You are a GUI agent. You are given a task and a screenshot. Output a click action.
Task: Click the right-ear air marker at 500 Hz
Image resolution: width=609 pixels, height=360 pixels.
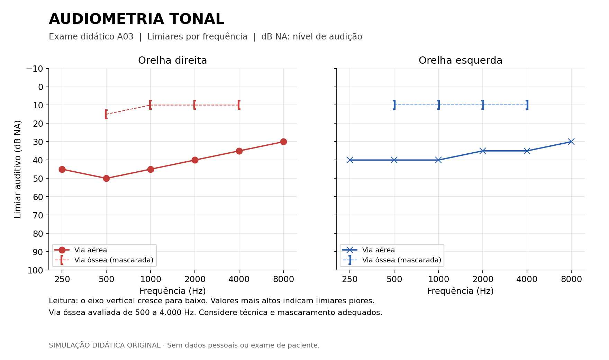[x=106, y=178]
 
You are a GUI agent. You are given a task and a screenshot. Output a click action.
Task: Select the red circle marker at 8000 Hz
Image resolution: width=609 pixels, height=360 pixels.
[x=283, y=142]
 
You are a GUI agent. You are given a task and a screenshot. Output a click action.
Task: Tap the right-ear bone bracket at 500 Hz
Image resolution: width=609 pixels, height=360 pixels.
[x=106, y=114]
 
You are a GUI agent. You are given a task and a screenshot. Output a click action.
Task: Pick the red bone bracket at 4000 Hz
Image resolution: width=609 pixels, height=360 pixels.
[x=239, y=105]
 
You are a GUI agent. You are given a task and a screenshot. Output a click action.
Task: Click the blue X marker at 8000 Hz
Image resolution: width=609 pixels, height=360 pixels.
[x=571, y=142]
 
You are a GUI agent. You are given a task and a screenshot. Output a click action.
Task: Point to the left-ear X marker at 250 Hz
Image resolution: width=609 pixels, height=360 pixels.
[x=350, y=160]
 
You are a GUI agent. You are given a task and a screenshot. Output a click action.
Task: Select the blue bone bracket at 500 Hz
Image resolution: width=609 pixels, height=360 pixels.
[x=394, y=105]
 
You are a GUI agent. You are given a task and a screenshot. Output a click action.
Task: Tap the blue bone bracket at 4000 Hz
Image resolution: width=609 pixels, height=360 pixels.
[x=527, y=105]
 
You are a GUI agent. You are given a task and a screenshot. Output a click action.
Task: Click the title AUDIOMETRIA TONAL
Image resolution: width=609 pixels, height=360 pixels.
[x=137, y=19]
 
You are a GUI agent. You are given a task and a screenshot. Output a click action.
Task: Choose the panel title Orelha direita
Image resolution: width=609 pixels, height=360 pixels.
[x=172, y=61]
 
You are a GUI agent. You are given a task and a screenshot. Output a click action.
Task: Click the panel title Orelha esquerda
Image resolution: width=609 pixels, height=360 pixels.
[x=461, y=61]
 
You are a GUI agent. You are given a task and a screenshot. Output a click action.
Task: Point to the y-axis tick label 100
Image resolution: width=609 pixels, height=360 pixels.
[x=35, y=270]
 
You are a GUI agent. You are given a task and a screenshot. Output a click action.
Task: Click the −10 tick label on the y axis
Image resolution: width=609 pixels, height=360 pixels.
[x=35, y=69]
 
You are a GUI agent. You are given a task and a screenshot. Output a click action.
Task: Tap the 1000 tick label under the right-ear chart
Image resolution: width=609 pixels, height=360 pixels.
[x=151, y=279]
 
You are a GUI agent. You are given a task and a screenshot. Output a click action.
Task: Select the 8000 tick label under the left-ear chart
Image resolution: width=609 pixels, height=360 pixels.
[x=571, y=279]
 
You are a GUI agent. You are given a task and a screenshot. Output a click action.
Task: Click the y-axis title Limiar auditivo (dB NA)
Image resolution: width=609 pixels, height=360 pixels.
[x=18, y=169]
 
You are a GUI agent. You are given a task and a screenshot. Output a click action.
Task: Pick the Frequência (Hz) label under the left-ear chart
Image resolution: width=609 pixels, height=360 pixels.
[x=461, y=291]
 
